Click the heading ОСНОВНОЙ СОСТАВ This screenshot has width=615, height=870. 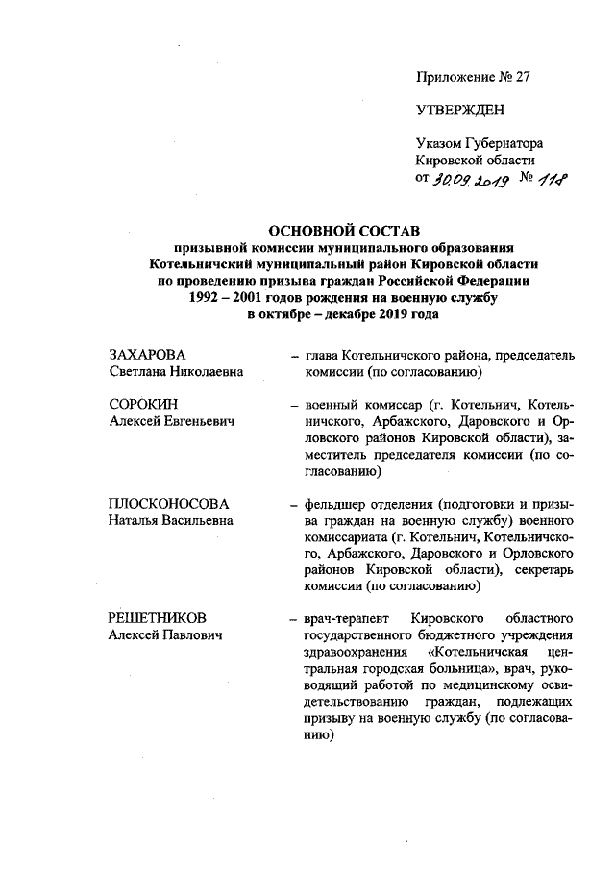point(343,232)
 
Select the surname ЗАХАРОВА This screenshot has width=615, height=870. point(146,356)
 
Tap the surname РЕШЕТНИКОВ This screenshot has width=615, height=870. point(158,618)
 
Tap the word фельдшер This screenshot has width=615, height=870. point(332,503)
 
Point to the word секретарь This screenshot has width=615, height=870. point(540,568)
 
